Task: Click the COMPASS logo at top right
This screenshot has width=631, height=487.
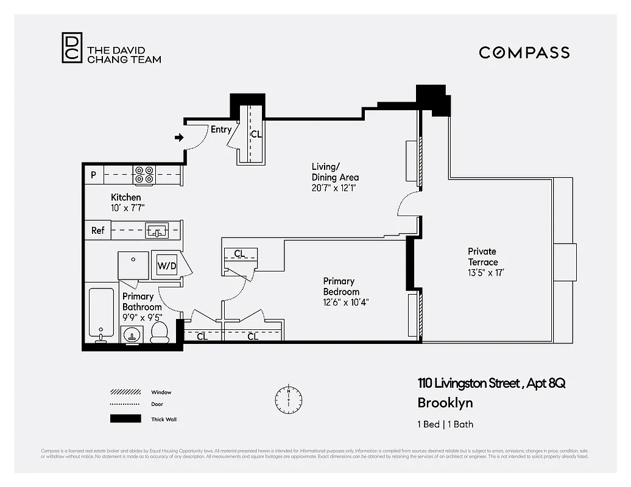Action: [524, 52]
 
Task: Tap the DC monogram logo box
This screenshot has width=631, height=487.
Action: [71, 47]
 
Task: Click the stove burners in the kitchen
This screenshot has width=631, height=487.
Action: [144, 175]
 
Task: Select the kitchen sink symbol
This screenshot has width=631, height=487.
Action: [157, 231]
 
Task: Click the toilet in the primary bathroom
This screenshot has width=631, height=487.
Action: [159, 332]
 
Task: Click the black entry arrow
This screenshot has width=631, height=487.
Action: [179, 138]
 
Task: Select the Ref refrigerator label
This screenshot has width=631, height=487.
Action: [97, 230]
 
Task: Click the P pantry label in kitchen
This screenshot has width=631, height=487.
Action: [93, 175]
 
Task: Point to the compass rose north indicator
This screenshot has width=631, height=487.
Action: [288, 398]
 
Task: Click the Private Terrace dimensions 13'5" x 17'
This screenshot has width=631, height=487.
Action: [482, 272]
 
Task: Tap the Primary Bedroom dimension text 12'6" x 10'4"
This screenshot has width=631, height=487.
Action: [346, 302]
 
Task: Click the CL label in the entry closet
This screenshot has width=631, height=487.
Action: [256, 134]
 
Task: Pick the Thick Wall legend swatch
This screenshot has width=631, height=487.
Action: [125, 419]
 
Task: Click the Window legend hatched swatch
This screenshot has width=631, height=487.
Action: [125, 393]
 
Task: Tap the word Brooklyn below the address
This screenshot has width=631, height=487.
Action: [445, 403]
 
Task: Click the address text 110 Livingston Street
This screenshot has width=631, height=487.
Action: [468, 383]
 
